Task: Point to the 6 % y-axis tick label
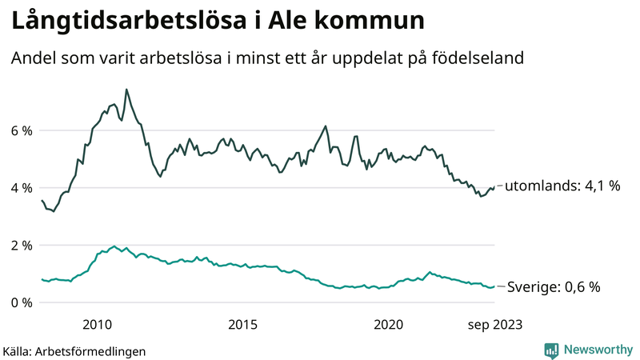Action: [21, 130]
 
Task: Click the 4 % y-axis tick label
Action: [21, 188]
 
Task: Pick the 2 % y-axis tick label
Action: [21, 246]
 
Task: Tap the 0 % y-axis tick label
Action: [21, 303]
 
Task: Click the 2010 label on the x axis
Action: [97, 324]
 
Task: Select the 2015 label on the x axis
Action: [242, 324]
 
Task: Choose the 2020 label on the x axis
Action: [389, 324]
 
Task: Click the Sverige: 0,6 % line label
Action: [554, 286]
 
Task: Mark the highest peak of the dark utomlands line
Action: [126, 89]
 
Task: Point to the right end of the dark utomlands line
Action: [495, 186]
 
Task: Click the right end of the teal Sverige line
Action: [495, 286]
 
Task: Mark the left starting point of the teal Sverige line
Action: [42, 279]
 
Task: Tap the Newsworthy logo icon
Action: [551, 350]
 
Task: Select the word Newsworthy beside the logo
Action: [599, 350]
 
